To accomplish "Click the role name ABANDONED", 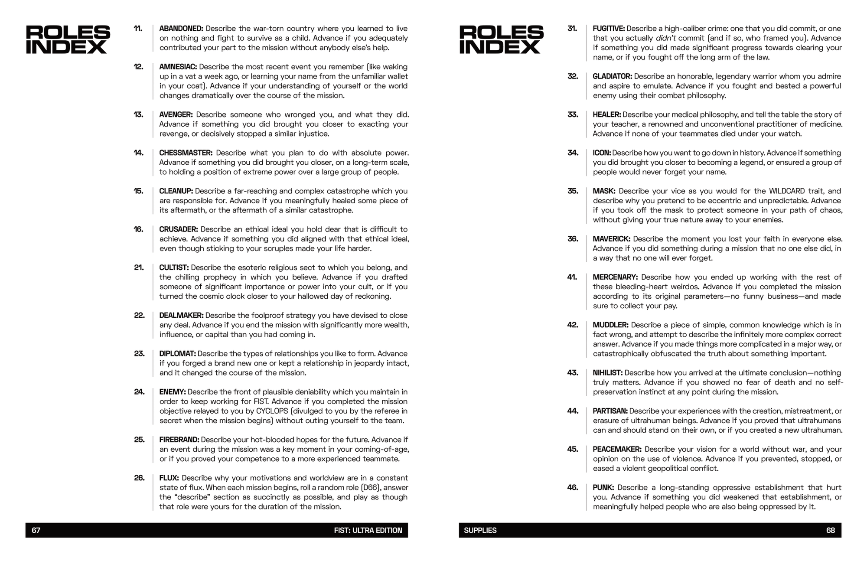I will pos(181,29).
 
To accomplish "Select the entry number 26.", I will pos(139,478).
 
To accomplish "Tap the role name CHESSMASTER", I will pos(186,153).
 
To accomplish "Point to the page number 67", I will pos(36,530).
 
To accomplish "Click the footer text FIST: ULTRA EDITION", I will pos(368,530).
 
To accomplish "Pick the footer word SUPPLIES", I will pos(480,530).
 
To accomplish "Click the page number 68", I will pos(830,530).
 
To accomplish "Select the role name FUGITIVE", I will pos(609,29).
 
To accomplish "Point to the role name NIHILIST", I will pos(607,373).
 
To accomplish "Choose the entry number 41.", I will pos(572,277).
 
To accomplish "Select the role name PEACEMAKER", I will pos(617,449).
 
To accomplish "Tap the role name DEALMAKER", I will pos(181,315).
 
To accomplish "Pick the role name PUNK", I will pos(603,487).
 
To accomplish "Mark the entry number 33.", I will pos(573,114).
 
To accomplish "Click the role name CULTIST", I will pos(174,267).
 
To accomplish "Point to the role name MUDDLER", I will pos(610,325).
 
